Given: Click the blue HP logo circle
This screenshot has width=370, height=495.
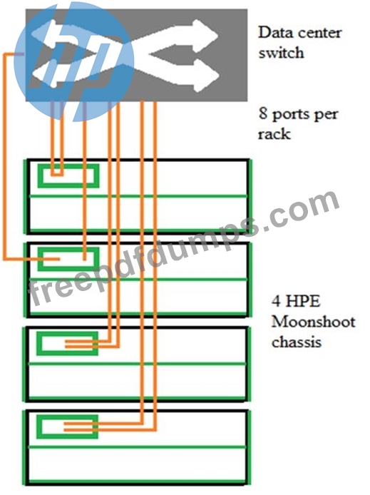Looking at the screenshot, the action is point(74,61).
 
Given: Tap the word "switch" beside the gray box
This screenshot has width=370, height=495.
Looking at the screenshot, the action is point(281,52).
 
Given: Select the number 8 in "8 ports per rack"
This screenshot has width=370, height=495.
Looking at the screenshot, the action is point(263,113).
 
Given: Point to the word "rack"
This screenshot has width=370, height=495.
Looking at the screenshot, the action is point(274,133).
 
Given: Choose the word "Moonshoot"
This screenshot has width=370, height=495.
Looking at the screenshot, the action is point(313,322).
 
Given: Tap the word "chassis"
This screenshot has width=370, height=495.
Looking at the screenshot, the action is point(297,342).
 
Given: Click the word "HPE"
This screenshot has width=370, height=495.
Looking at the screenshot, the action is point(304,301).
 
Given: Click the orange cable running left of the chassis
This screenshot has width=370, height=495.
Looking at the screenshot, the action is point(4,157).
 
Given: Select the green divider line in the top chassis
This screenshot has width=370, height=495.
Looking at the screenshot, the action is point(138,196).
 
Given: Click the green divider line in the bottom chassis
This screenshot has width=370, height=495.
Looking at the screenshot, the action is point(137,447).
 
